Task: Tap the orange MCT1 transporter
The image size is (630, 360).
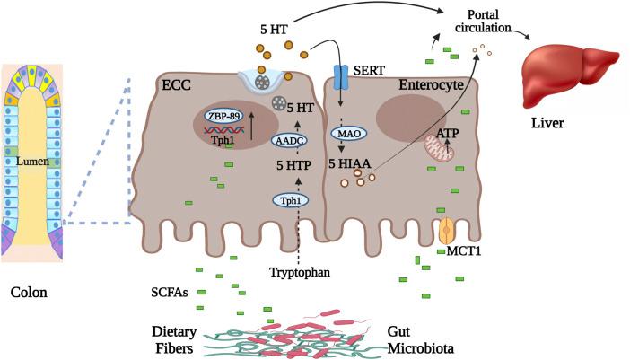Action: click(x=447, y=230)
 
